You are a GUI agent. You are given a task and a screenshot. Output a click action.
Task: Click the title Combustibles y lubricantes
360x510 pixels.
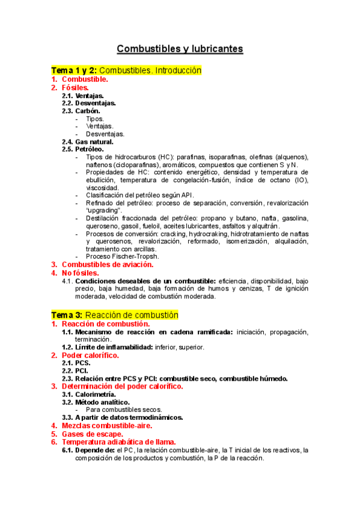180,48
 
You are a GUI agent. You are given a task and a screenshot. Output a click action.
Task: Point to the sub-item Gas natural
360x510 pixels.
90,141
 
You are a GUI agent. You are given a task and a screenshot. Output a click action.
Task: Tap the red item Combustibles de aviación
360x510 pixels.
108,264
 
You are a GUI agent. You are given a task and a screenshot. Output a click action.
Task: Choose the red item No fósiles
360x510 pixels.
81,272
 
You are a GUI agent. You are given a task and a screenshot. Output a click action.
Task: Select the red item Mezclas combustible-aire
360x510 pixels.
103,426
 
